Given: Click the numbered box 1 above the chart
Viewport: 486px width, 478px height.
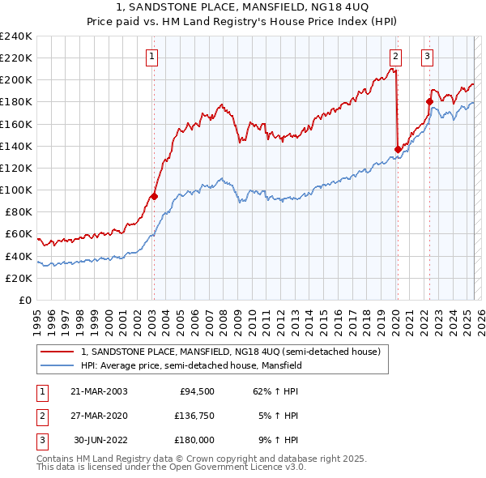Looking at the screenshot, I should point(153,57).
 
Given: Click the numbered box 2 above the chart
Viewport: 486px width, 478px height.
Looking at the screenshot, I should point(395,57).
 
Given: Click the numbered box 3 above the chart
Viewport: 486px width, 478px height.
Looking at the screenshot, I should point(427,57).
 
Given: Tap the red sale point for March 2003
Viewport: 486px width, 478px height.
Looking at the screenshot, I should point(154,195).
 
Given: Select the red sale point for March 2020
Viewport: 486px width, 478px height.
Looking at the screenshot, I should point(398,149).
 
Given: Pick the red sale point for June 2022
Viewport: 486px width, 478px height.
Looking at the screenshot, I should point(429,101).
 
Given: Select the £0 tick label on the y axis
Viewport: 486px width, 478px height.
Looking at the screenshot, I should point(25,300).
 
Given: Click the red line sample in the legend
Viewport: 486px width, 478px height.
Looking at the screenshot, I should point(58,352).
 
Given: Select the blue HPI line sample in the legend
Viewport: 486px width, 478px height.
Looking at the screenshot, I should point(58,365).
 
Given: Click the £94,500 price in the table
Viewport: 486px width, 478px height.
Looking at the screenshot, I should point(197,391).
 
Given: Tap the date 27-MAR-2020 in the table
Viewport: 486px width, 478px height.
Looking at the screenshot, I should point(99,416).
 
